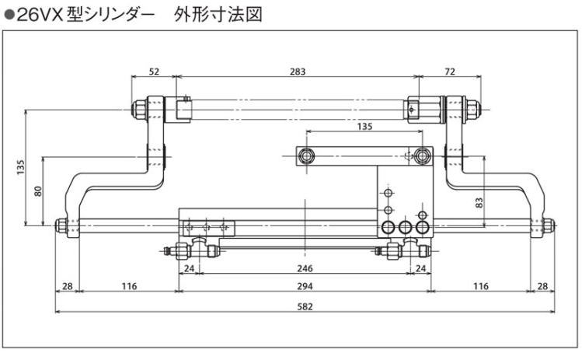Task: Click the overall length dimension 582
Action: (305, 306)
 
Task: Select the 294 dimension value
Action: (305, 286)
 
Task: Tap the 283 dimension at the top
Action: (296, 71)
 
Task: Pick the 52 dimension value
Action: (153, 71)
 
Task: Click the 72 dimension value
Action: (450, 71)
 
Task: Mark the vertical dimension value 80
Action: (37, 190)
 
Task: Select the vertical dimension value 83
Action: (479, 202)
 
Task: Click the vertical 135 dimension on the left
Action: (20, 167)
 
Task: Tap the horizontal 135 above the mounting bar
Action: (364, 125)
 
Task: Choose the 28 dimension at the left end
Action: (68, 286)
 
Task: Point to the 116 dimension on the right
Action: (480, 286)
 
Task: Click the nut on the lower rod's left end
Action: (61, 226)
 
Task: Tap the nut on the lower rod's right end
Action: (548, 226)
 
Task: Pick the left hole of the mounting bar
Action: (308, 155)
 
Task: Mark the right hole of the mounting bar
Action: (422, 155)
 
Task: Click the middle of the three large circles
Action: (405, 228)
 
